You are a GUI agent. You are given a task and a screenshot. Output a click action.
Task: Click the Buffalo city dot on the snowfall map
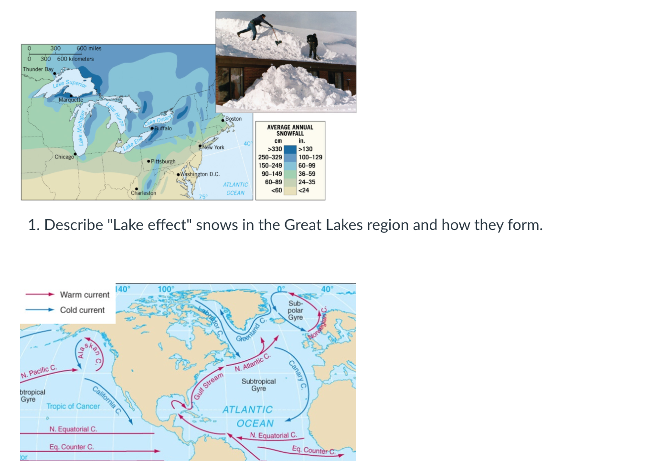152,128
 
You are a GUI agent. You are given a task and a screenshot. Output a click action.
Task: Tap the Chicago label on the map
64,157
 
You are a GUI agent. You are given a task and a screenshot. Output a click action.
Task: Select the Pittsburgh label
163,162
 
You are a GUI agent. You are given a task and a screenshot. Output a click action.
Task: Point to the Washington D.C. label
200,174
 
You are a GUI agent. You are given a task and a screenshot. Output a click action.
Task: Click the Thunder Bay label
38,69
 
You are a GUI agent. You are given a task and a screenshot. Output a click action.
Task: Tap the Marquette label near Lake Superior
71,100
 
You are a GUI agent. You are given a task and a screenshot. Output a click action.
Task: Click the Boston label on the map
234,119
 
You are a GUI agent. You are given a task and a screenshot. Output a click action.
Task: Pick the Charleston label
143,193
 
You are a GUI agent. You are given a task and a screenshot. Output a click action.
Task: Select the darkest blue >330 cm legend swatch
290,149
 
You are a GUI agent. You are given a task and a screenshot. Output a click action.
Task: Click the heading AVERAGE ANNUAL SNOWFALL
290,130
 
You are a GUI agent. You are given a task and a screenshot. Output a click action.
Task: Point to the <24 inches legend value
304,190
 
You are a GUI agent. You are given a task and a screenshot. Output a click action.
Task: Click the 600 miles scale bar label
89,48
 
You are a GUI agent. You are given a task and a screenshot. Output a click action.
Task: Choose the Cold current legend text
82,310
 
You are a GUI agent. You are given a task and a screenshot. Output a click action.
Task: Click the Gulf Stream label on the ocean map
208,386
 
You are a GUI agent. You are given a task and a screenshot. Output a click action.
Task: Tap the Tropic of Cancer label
73,407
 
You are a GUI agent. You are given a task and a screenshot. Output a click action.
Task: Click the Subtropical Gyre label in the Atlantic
258,385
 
